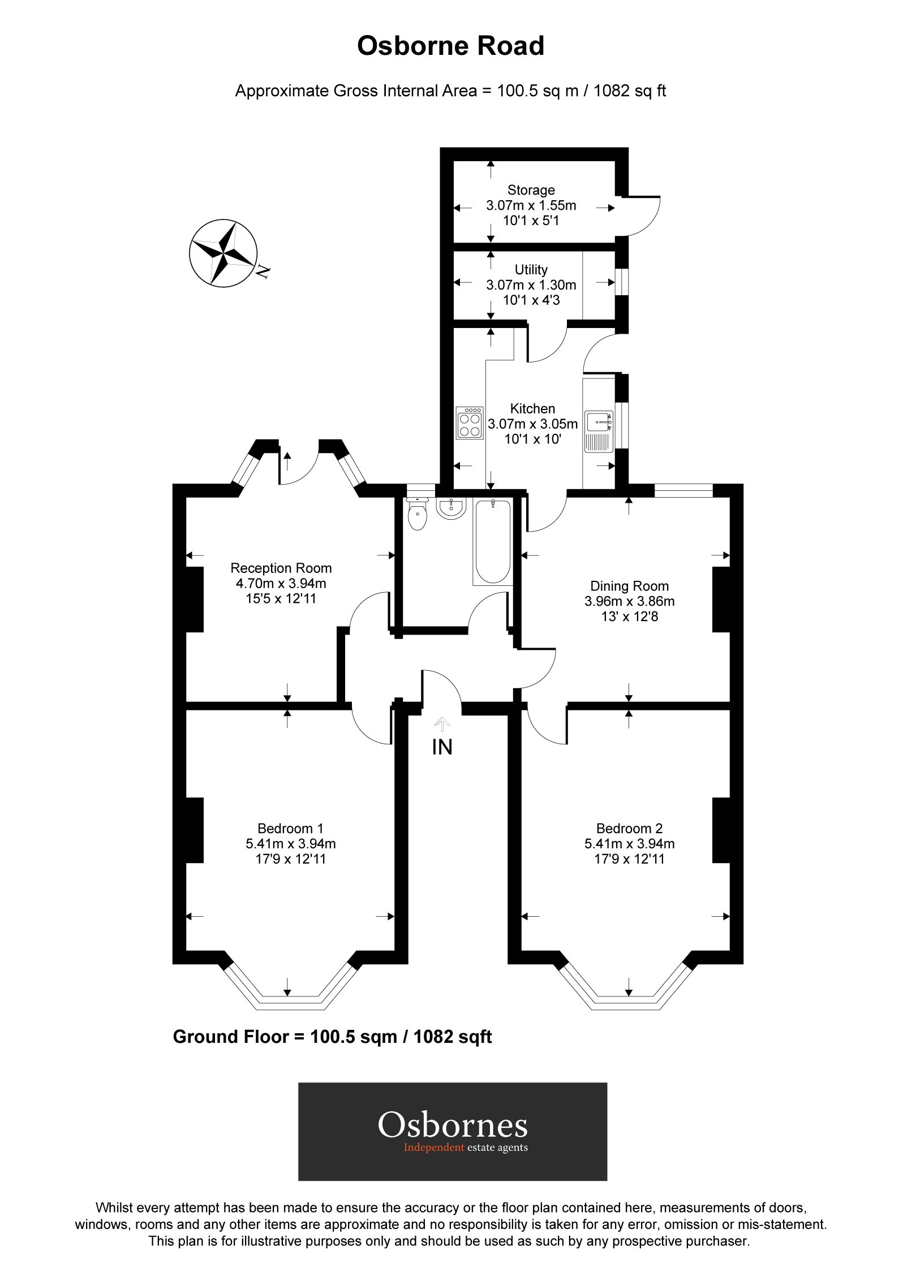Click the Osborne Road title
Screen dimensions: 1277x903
[450, 46]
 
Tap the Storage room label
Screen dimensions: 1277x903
[531, 190]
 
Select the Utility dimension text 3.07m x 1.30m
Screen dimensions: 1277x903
[531, 285]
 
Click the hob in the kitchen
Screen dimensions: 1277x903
[470, 423]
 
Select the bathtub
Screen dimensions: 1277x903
[493, 542]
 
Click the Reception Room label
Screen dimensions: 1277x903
[281, 568]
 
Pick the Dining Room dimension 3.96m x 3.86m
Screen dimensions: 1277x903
[629, 601]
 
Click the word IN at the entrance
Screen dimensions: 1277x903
[442, 747]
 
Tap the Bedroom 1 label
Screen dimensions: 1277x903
[290, 829]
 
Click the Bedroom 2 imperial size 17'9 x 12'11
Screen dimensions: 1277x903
[629, 859]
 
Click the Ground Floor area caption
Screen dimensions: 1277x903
[332, 1037]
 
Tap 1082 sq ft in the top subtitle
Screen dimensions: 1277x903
[629, 90]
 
